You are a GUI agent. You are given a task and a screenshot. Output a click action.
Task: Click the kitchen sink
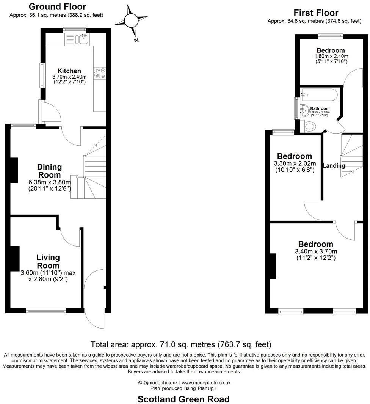(x=82, y=38)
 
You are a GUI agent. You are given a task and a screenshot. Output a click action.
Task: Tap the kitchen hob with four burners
(x=100, y=73)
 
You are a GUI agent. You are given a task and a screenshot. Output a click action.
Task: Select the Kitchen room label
(x=69, y=71)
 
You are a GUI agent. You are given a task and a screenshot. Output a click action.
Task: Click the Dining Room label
(x=49, y=171)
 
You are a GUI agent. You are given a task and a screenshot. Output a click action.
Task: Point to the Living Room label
(x=48, y=261)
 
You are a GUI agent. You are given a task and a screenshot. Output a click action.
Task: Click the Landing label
(x=334, y=166)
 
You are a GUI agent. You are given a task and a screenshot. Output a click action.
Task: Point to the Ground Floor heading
(x=57, y=6)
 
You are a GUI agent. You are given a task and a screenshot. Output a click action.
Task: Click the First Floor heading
(x=316, y=13)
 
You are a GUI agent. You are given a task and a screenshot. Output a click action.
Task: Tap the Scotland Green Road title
(x=183, y=399)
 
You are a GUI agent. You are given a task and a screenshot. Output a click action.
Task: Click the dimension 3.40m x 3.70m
(x=316, y=252)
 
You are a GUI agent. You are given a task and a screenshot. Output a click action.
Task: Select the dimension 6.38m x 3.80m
(x=50, y=182)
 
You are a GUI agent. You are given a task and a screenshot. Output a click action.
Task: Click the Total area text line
(x=181, y=344)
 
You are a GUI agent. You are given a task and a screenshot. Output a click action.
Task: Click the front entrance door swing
(x=93, y=300)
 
